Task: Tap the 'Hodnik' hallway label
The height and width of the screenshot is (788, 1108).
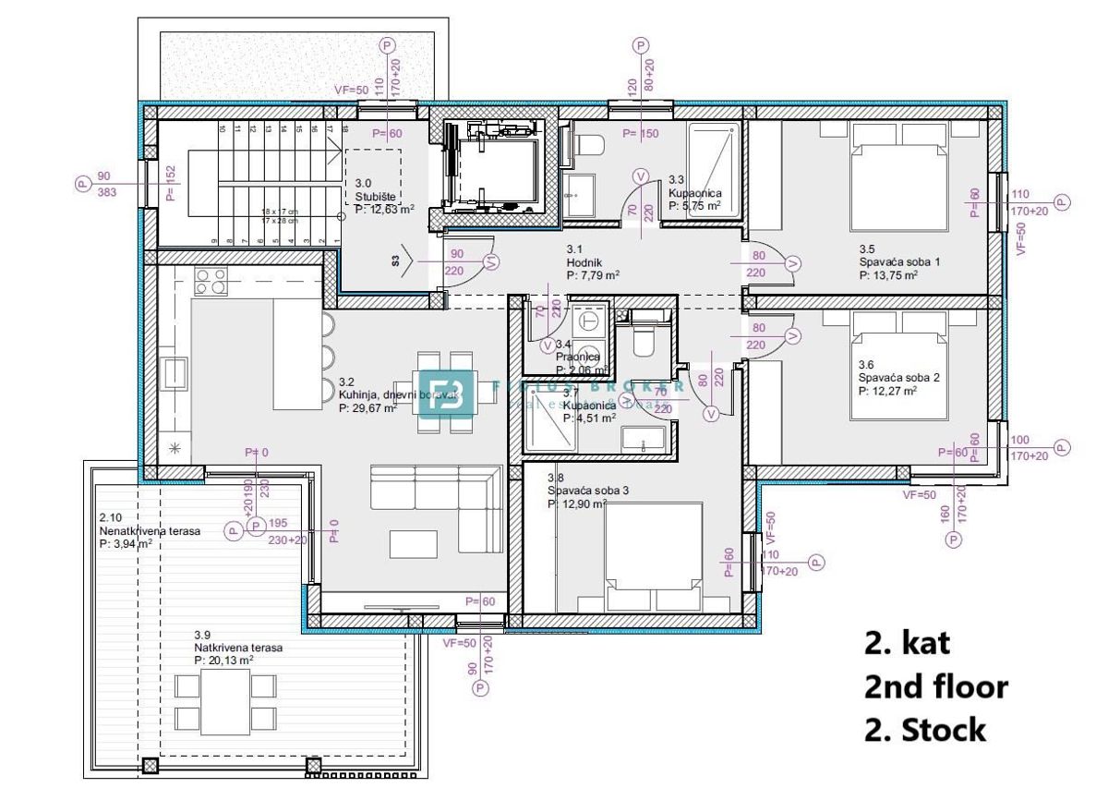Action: tap(584, 261)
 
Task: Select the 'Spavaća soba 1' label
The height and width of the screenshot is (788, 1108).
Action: tap(898, 261)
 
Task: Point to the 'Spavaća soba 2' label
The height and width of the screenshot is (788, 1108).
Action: tap(898, 377)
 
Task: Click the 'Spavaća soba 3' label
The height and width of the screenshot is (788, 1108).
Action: tap(587, 491)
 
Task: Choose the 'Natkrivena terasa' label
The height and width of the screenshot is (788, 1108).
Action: tap(238, 649)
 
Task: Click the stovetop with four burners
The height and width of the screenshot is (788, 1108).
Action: tap(211, 281)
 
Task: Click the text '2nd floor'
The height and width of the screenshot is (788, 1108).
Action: tap(935, 686)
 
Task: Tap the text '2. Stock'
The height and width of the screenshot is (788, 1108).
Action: tap(924, 731)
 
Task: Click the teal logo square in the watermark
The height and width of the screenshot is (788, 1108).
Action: tap(447, 394)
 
